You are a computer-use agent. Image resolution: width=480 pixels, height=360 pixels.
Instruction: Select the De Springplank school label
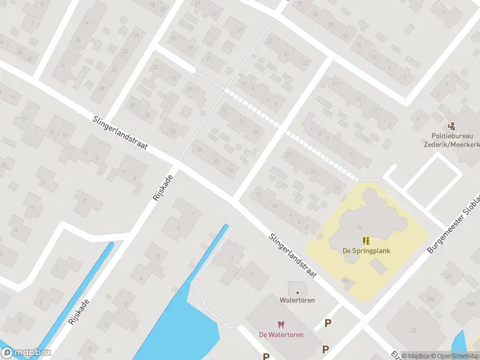(x=366, y=250)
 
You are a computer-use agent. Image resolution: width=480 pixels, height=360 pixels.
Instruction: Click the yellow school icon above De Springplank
(x=366, y=241)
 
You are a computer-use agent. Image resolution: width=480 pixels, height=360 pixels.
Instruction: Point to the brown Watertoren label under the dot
(x=298, y=300)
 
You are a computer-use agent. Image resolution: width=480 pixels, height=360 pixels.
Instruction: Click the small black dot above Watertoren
(x=298, y=292)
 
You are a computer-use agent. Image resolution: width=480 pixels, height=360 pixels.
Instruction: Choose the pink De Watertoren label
(x=281, y=334)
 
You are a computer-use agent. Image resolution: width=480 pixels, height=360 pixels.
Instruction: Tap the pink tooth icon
(x=281, y=325)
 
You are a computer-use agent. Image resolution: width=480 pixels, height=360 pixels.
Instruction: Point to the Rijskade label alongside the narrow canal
(x=79, y=312)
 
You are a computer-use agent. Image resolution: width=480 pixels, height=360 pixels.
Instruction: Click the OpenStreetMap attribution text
(x=456, y=356)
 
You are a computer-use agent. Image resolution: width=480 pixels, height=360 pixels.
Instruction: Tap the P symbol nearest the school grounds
(x=328, y=323)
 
